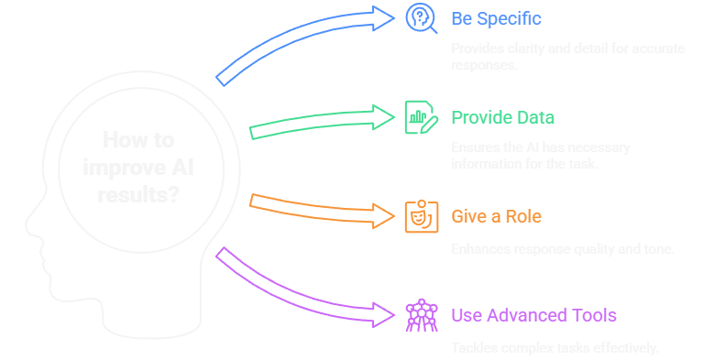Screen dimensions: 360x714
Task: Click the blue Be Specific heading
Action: click(x=496, y=18)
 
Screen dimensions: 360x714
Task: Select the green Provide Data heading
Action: click(x=502, y=117)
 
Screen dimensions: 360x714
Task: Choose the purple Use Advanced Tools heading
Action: click(x=533, y=316)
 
